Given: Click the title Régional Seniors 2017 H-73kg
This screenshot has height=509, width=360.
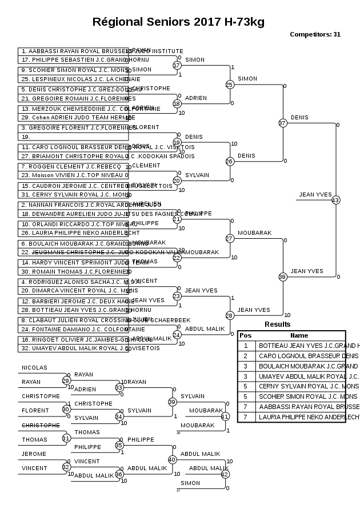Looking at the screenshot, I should click(x=178, y=22).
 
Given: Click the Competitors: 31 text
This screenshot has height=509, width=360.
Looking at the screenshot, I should click(x=315, y=34).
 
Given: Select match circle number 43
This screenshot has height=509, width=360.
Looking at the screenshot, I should click(x=335, y=200).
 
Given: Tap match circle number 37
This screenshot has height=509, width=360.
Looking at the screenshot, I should click(x=282, y=123).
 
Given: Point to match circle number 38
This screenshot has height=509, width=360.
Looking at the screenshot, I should click(x=282, y=276).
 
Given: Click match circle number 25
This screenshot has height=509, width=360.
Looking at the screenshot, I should click(x=230, y=85).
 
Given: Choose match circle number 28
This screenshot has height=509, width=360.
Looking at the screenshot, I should click(x=230, y=315).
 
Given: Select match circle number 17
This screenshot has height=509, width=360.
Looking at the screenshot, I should click(x=177, y=65).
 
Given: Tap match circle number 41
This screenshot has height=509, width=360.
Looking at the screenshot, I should click(x=225, y=416).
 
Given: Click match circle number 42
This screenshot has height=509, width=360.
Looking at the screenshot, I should click(x=225, y=474).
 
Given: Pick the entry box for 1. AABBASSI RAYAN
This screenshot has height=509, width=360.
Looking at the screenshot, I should click(x=73, y=51).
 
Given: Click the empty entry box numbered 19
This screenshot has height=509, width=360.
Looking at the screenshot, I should click(x=73, y=137).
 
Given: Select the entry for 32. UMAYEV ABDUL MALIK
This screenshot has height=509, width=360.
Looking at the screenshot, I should click(x=73, y=347).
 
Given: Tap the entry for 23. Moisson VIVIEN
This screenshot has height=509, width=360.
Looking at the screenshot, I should click(x=73, y=175).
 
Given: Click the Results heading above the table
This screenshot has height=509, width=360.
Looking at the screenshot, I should click(x=277, y=324).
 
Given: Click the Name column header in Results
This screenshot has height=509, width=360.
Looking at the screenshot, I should click(x=299, y=335).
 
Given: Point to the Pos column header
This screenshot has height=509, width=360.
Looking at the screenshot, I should click(x=245, y=335).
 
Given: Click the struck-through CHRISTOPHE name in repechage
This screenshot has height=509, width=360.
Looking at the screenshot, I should click(x=41, y=425).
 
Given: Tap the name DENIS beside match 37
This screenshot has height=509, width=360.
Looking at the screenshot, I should click(x=299, y=117).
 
